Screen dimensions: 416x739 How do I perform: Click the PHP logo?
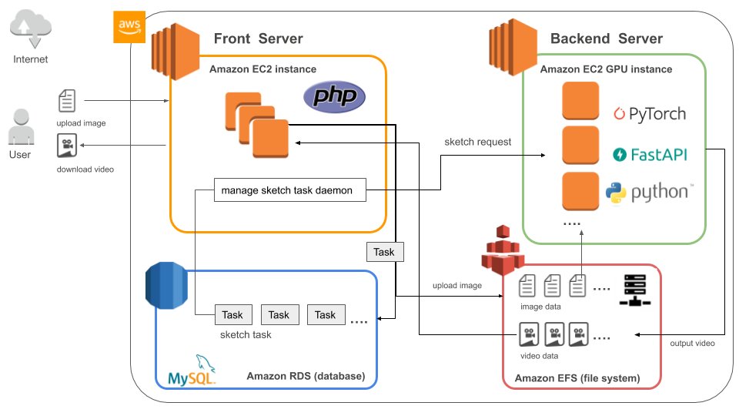point(334,98)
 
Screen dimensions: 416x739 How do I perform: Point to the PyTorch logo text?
point(650,114)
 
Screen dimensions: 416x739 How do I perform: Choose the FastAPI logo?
point(650,154)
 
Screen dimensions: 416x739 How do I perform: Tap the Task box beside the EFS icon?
point(383,252)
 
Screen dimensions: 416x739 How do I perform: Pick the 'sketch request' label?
point(477,142)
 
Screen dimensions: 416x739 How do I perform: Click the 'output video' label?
point(692,343)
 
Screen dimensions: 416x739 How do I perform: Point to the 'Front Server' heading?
point(258,39)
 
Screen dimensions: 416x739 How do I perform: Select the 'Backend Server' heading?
point(607,39)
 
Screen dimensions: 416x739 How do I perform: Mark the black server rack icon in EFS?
point(636,292)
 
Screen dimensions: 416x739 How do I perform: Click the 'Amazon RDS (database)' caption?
point(306,376)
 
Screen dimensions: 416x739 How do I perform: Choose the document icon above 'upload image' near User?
point(68,102)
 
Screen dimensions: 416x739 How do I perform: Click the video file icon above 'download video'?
point(66,146)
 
